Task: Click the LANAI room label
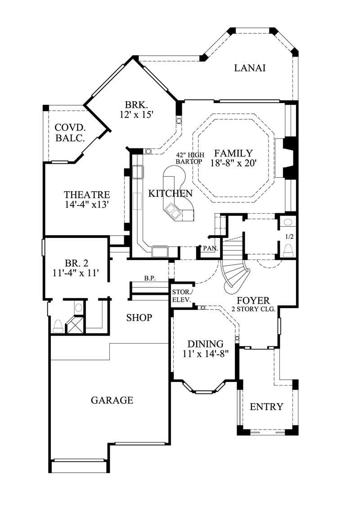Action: click(x=250, y=68)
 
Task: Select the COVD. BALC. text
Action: click(x=70, y=133)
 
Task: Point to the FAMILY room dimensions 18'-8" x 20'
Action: click(x=233, y=163)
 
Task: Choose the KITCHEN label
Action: click(x=171, y=193)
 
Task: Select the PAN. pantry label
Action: click(x=210, y=248)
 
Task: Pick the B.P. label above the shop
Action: click(x=150, y=278)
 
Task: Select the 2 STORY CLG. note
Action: click(x=253, y=309)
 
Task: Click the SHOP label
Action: click(x=139, y=318)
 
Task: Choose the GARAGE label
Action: click(x=112, y=400)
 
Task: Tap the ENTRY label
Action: click(x=266, y=407)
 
